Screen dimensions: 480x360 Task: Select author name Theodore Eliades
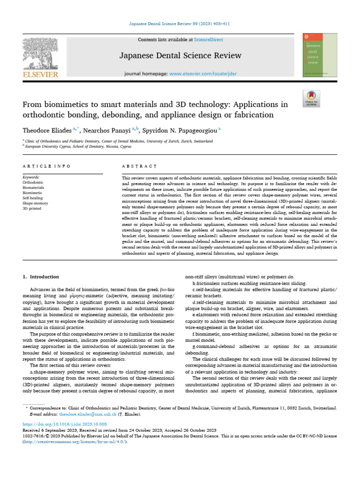coord(45,129)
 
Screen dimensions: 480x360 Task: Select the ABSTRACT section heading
coord(139,166)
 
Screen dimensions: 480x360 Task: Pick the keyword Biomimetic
coord(32,192)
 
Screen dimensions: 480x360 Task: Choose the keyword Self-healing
coord(33,198)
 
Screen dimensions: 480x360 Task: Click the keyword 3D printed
coord(31,209)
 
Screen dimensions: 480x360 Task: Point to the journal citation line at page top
coord(180,24)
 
